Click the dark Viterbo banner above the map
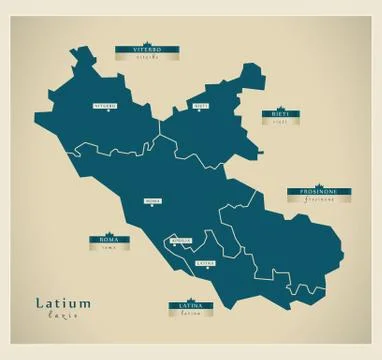138,47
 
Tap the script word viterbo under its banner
138,57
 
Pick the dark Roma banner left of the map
107,240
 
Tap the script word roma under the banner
107,249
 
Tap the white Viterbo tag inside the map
104,105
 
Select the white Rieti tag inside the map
200,105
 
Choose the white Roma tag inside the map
153,201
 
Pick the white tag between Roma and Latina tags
181,241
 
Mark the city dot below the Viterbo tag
104,111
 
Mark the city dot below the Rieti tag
200,111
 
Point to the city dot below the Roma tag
153,207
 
